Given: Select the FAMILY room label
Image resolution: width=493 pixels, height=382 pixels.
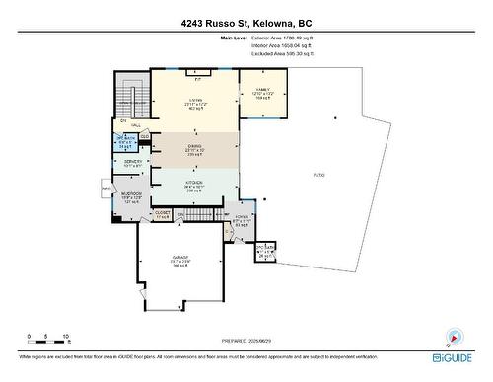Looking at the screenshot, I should click(262, 89).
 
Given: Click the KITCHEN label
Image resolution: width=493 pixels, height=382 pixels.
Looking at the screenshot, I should click(194, 183).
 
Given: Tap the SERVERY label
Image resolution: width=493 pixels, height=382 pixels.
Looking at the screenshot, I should click(132, 162).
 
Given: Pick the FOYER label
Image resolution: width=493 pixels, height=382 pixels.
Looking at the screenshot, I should click(242, 217).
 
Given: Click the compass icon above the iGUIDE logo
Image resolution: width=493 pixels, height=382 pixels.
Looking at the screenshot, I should click(454, 335).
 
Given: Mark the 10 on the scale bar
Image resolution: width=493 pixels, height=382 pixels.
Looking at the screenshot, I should click(64, 337).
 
